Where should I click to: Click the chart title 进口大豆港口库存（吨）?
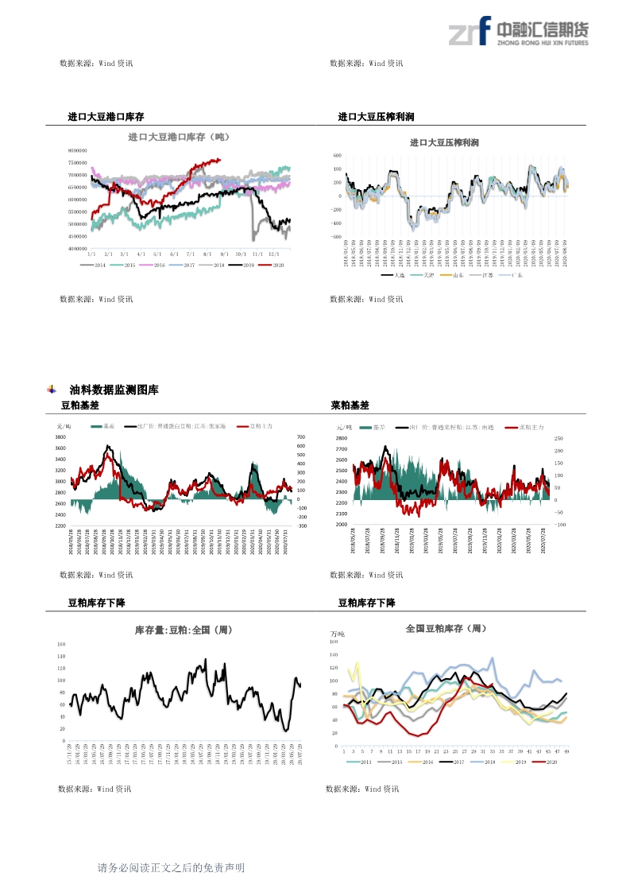click(178, 137)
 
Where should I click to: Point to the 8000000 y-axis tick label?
click(77, 150)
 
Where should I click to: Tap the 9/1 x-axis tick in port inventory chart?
click(224, 253)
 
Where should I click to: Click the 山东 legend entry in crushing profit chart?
click(454, 275)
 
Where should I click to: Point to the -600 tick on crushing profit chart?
click(337, 236)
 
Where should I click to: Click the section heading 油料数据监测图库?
click(114, 390)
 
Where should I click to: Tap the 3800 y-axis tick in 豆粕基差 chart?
click(60, 437)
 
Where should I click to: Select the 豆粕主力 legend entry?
click(257, 427)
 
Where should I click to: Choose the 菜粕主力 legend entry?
click(528, 427)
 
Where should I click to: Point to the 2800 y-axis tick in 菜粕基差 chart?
click(342, 438)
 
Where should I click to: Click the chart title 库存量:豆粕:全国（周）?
click(184, 630)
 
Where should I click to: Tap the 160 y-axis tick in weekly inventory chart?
click(61, 644)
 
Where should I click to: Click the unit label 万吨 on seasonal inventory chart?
click(338, 634)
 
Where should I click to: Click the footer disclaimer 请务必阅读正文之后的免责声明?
click(171, 868)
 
